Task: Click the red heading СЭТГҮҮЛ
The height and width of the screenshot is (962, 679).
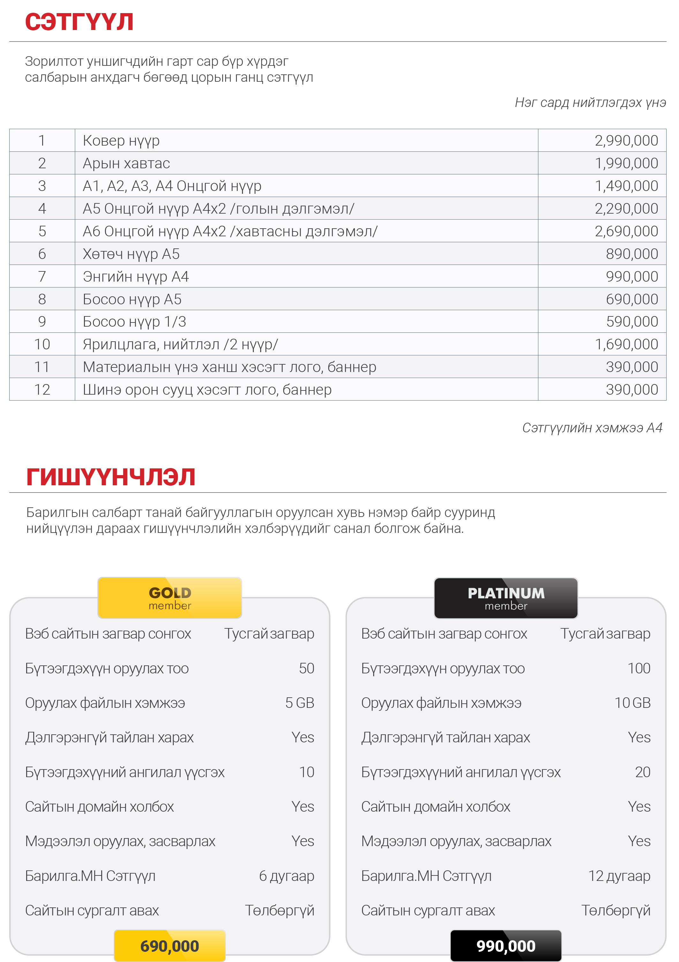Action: (x=79, y=22)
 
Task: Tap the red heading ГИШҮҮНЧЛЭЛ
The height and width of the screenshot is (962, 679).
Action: (x=110, y=477)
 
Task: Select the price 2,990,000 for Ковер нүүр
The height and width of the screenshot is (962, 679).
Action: (x=626, y=140)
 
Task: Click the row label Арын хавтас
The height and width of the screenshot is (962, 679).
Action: (x=126, y=163)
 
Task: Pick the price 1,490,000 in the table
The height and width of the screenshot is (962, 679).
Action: (x=626, y=186)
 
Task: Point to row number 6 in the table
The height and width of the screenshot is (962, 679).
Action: (x=42, y=254)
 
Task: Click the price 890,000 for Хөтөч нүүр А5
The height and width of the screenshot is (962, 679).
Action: (x=632, y=254)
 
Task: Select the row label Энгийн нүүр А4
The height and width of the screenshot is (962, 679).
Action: (x=136, y=276)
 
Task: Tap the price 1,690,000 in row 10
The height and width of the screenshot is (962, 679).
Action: (x=626, y=345)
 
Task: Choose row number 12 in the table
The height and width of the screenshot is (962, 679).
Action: (x=42, y=390)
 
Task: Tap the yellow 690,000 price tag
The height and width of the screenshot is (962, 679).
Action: (x=170, y=946)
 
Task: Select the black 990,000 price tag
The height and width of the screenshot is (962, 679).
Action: (x=506, y=946)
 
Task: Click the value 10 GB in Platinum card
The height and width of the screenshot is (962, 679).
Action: (x=632, y=703)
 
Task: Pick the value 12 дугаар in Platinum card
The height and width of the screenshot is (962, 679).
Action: (x=619, y=876)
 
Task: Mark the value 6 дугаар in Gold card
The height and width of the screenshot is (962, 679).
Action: (x=287, y=876)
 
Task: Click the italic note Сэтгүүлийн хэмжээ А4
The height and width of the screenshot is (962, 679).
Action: (x=592, y=428)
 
